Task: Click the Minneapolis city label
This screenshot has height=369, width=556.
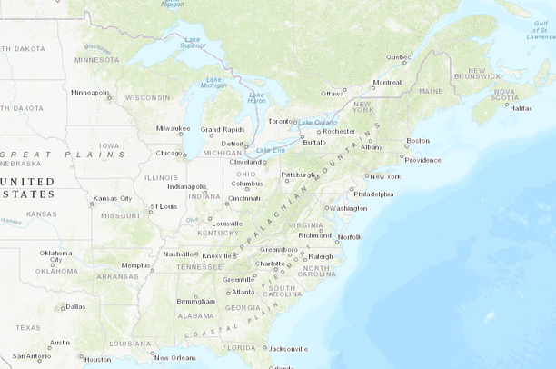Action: (x=90, y=92)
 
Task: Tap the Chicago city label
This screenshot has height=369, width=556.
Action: (x=168, y=153)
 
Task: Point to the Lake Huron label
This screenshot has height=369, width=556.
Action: (x=257, y=97)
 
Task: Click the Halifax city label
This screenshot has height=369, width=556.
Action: (x=521, y=108)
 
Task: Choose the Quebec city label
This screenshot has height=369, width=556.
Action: (x=398, y=57)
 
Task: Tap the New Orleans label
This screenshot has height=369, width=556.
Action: (x=174, y=357)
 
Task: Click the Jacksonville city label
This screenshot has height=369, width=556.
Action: (x=288, y=348)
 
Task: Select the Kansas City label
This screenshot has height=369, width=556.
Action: (x=113, y=198)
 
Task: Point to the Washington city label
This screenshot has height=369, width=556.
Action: (x=348, y=208)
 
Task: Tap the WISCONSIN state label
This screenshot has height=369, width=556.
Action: (x=147, y=97)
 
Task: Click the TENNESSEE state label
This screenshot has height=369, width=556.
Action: (x=199, y=267)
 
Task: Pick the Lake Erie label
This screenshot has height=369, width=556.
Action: (x=271, y=150)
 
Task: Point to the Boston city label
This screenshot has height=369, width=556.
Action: (x=418, y=140)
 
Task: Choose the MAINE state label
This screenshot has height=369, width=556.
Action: (x=431, y=92)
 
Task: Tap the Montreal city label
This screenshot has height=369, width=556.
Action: (x=386, y=82)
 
